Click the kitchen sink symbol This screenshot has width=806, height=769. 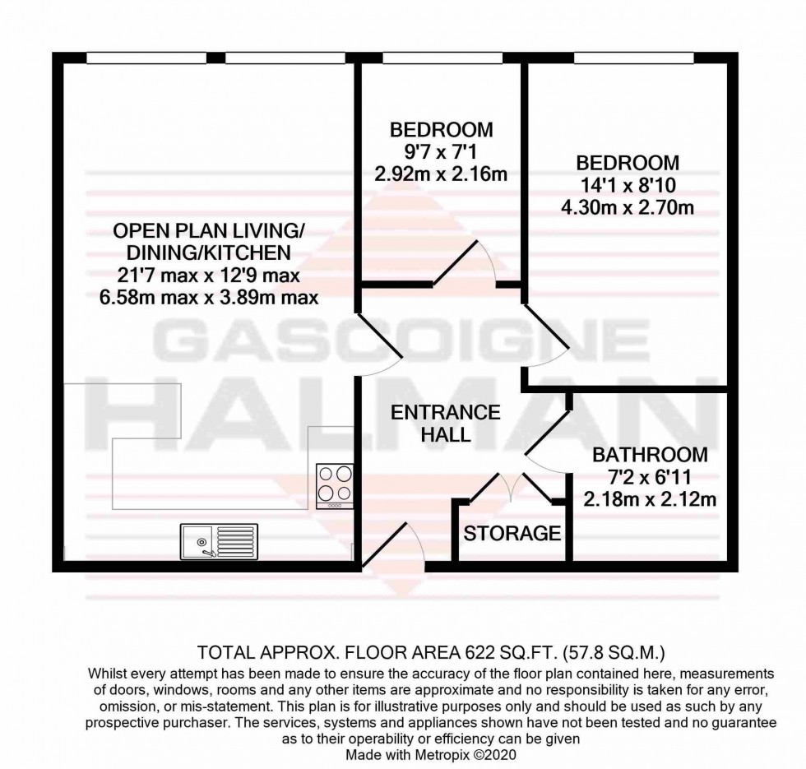tap(218, 540)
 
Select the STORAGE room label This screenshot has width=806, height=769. tap(512, 533)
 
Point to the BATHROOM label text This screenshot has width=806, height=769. tap(650, 455)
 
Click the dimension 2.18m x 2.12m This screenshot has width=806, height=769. tap(650, 498)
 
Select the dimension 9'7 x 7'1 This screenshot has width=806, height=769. tap(441, 151)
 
